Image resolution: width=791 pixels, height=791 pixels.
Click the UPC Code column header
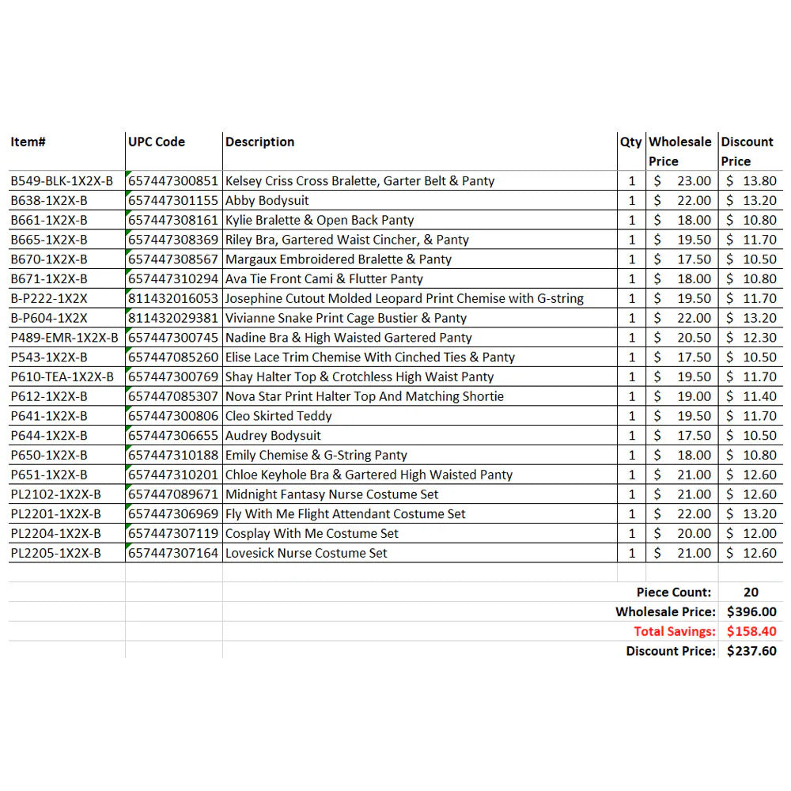pyautogui.click(x=157, y=142)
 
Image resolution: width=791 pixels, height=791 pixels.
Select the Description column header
pyautogui.click(x=259, y=142)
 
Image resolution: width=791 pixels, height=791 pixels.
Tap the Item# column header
pyautogui.click(x=28, y=142)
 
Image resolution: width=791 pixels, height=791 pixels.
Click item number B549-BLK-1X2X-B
pyautogui.click(x=62, y=181)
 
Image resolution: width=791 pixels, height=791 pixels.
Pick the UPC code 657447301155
pyautogui.click(x=172, y=201)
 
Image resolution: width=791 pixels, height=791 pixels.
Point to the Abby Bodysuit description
pyautogui.click(x=267, y=201)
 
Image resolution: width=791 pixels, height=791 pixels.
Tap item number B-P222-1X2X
pyautogui.click(x=49, y=299)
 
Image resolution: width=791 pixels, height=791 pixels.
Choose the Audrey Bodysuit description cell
pyautogui.click(x=273, y=436)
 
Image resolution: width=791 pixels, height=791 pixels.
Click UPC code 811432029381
pyautogui.click(x=172, y=318)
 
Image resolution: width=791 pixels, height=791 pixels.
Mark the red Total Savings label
pyautogui.click(x=674, y=632)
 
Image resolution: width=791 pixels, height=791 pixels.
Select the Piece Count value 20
pyautogui.click(x=751, y=592)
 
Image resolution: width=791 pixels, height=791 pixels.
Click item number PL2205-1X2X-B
pyautogui.click(x=55, y=554)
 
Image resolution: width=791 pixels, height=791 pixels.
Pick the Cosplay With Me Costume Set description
pyautogui.click(x=312, y=534)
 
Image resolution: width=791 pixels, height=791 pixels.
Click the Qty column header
pyautogui.click(x=630, y=142)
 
